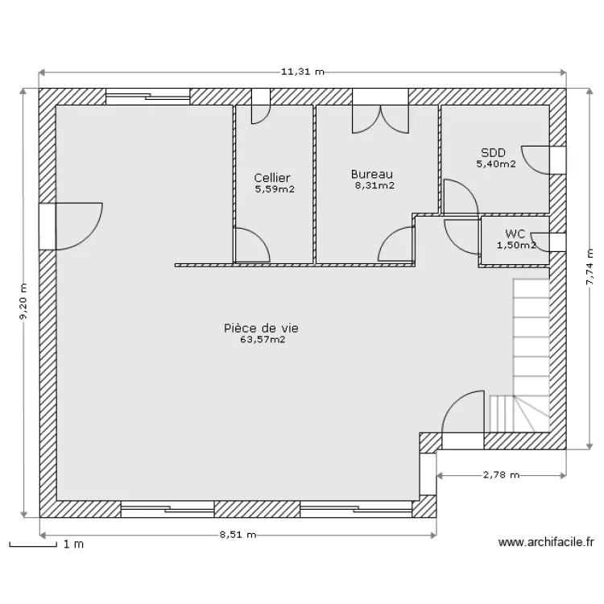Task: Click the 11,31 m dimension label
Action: [302, 72]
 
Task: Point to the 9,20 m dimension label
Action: [24, 302]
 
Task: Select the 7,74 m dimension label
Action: [590, 267]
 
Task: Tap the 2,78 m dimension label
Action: [501, 475]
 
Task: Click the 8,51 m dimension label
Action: [238, 535]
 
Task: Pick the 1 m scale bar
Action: [33, 544]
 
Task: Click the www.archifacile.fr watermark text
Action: [546, 542]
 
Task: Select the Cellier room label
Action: [272, 178]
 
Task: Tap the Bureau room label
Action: [372, 174]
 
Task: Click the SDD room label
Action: [493, 152]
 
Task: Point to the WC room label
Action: [515, 234]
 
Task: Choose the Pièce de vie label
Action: [261, 329]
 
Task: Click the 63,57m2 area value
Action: [263, 340]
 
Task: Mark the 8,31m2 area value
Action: [374, 185]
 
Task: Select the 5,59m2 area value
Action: [275, 189]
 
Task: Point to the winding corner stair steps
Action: [519, 413]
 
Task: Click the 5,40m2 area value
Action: [496, 163]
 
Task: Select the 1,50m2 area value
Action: [516, 245]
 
